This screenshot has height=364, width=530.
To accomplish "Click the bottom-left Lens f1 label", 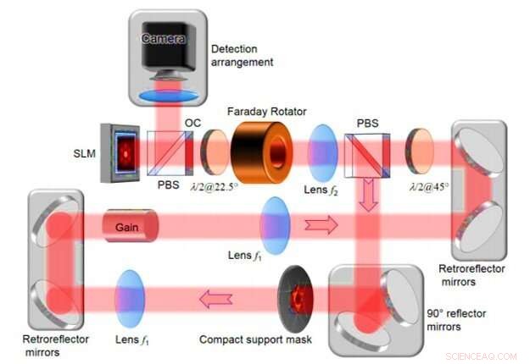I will pyautogui.click(x=134, y=340).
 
